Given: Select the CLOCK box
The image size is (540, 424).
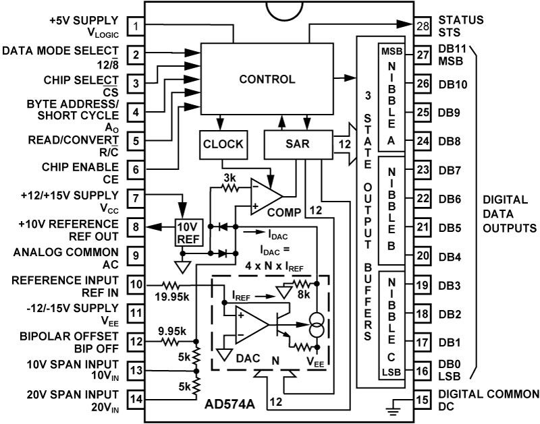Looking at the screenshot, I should pos(223,144).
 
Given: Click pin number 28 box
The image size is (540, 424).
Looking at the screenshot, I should pos(423,26).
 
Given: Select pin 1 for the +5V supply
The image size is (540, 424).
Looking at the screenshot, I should pos(136,26).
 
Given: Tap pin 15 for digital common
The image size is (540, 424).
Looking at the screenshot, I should pos(423,399).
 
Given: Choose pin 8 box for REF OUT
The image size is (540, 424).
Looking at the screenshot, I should pos(136,227).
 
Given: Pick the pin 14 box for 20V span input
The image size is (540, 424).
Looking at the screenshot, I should pos(136,399).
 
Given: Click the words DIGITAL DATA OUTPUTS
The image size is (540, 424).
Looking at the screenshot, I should pos(510,214).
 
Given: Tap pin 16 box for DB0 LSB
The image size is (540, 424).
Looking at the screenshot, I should pos(423,371).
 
